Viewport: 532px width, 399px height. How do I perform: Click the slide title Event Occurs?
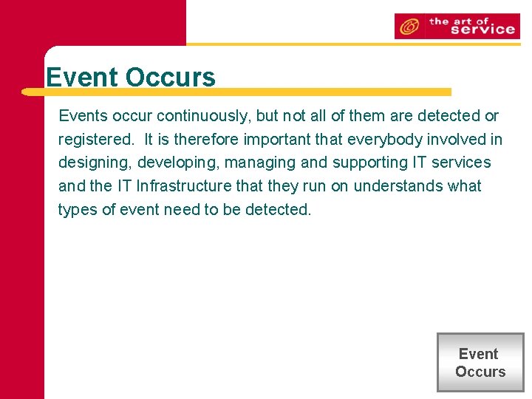coord(130,78)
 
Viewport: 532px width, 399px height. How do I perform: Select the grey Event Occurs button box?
coord(480,363)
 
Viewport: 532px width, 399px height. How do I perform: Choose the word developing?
coord(177,163)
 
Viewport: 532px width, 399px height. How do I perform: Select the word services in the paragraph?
coord(461,163)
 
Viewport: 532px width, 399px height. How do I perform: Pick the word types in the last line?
coord(78,210)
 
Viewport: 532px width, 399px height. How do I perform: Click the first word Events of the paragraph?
coord(82,116)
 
